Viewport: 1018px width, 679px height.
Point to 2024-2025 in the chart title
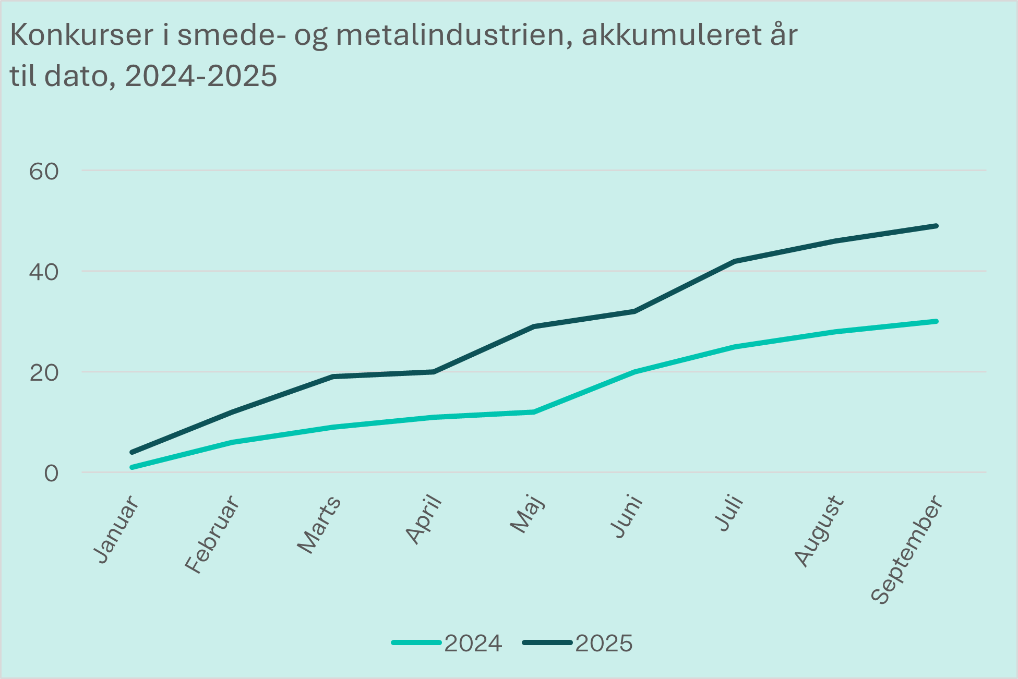201,76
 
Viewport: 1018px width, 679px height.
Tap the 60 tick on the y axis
44,171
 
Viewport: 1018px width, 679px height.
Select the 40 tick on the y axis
44,272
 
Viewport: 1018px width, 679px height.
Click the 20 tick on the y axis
44,372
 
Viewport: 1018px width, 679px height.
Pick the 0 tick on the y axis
51,473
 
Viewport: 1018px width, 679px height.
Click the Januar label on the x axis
117,529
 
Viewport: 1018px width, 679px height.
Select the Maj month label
527,514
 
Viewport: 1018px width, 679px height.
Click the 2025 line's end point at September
936,226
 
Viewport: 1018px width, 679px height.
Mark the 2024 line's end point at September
936,321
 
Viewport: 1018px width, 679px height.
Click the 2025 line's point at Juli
735,261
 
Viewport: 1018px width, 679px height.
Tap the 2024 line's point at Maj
533,412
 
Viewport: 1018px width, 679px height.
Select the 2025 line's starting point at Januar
132,452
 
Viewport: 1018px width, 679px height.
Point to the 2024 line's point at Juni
634,372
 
